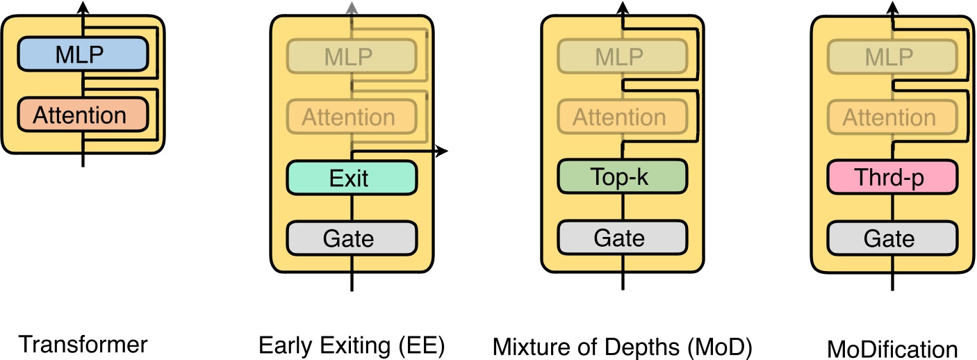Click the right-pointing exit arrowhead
(x=441, y=151)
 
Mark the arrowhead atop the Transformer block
(x=83, y=7)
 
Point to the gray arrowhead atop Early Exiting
(x=352, y=7)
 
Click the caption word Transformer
(x=83, y=345)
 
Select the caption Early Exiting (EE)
(x=352, y=345)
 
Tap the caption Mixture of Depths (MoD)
(x=623, y=347)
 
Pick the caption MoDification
(x=892, y=347)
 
